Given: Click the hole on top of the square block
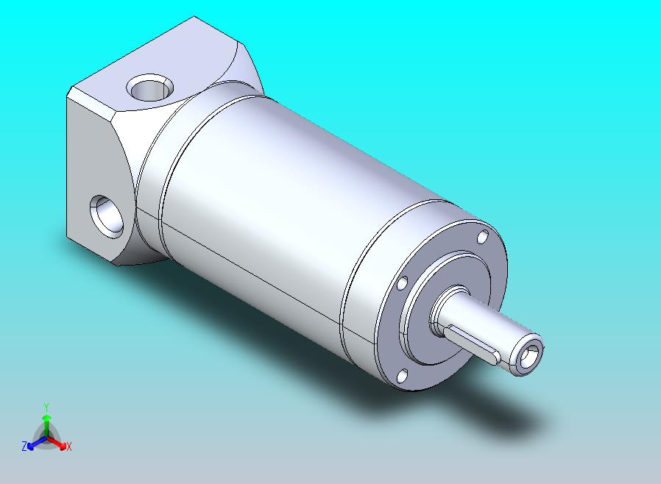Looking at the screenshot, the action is click(150, 88).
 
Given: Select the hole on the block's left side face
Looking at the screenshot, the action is click(107, 216).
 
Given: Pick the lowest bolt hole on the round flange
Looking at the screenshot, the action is click(403, 376).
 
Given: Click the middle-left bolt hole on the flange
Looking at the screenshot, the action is click(403, 283).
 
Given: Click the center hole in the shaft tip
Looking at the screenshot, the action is click(529, 357).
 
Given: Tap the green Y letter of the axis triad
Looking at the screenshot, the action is click(46, 407).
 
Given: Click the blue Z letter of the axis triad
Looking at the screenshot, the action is click(24, 446).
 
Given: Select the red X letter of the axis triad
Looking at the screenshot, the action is click(69, 446).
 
